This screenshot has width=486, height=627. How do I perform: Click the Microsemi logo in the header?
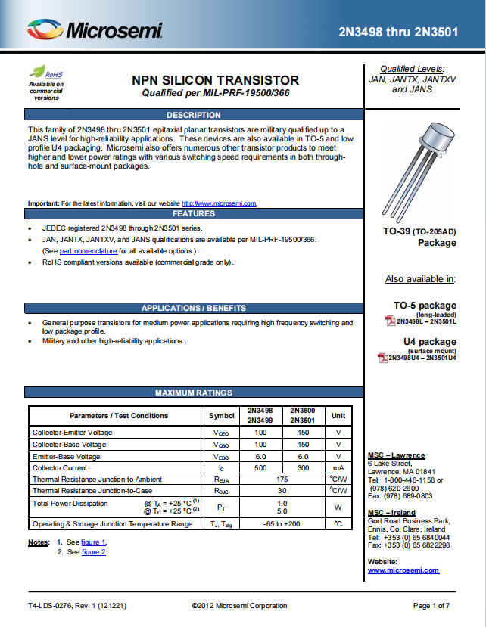pos(95,30)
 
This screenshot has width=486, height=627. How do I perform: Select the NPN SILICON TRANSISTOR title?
pos(215,80)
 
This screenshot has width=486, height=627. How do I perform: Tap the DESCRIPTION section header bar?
pos(194,115)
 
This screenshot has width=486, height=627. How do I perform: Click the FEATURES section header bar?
pos(194,213)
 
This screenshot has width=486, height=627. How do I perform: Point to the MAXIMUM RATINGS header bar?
pos(194,393)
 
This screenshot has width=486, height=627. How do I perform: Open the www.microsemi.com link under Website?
pos(403,570)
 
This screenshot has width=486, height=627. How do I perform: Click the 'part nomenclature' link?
pos(89,250)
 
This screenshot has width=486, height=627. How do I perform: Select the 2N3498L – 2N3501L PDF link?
pos(427,321)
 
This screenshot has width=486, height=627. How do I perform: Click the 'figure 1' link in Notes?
pos(93,542)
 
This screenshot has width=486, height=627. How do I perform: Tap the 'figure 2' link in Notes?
pos(93,552)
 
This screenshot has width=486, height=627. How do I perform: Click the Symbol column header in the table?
pos(221,415)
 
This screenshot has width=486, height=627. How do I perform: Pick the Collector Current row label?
pos(61,468)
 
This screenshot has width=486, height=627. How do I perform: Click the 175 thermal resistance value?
pos(282,480)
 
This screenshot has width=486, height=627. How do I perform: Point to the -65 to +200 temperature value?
pos(282,523)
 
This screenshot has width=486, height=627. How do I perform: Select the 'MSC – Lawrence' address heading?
pos(396,455)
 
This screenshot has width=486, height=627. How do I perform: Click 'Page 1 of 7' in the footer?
pos(431,605)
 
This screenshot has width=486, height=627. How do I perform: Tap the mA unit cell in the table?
pos(338,468)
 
